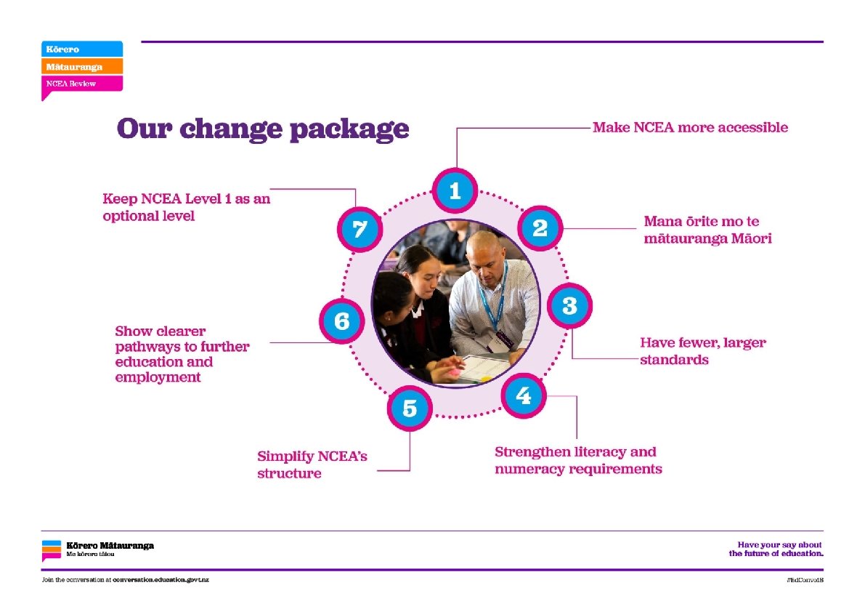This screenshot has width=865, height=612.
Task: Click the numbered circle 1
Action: pyautogui.click(x=455, y=191)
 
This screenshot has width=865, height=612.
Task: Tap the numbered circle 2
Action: pyautogui.click(x=540, y=228)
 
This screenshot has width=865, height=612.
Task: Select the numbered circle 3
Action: pyautogui.click(x=569, y=306)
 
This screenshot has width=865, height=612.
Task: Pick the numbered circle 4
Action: pyautogui.click(x=523, y=396)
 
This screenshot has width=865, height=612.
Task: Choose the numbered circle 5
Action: pyautogui.click(x=410, y=408)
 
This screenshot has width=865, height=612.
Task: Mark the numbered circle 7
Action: pyautogui.click(x=360, y=230)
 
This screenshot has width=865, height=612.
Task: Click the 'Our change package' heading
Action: pyautogui.click(x=263, y=129)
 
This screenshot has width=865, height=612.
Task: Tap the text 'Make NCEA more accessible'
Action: pyautogui.click(x=690, y=128)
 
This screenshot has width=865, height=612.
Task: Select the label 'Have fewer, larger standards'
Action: pyautogui.click(x=702, y=351)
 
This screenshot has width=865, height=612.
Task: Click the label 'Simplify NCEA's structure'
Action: pyautogui.click(x=312, y=465)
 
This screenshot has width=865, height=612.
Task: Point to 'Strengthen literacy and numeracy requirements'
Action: pyautogui.click(x=578, y=460)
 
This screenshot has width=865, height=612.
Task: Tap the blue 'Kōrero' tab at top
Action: pyautogui.click(x=81, y=49)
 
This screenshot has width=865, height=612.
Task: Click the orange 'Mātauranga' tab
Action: pyautogui.click(x=81, y=66)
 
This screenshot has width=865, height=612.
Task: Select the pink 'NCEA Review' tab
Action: pyautogui.click(x=81, y=84)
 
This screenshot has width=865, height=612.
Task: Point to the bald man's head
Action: pyautogui.click(x=484, y=249)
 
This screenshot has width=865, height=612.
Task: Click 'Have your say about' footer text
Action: pyautogui.click(x=779, y=544)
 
